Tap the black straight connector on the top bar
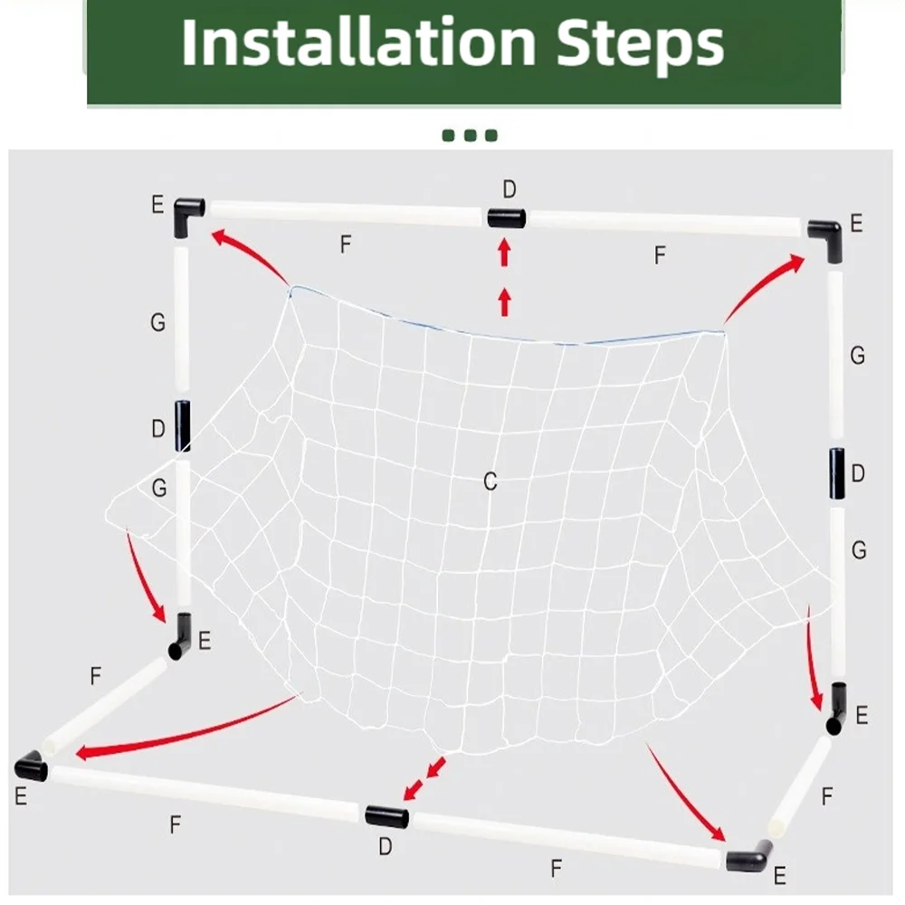pos(506,218)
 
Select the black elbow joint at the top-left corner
pos(189,215)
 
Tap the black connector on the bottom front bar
pos(386,816)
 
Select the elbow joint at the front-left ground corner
pos(32,767)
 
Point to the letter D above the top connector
pos(510,189)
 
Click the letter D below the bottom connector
pos(386,847)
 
